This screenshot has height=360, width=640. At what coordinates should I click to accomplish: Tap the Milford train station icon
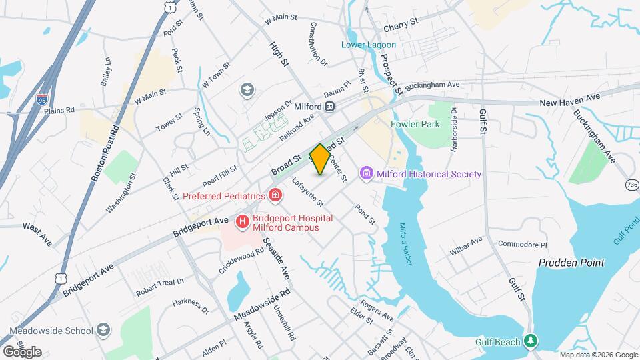[329, 107]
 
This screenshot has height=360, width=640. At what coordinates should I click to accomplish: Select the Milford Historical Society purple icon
[365, 174]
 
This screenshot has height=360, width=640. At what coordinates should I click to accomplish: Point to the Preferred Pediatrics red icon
[275, 195]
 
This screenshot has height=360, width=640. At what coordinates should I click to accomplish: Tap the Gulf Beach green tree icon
[530, 342]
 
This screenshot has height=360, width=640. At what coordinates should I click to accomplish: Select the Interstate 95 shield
[42, 99]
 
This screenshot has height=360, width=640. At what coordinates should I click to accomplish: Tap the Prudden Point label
[571, 263]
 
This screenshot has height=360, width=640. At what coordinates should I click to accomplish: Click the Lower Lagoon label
[369, 45]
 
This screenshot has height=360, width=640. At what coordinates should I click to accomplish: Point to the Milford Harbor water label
[407, 244]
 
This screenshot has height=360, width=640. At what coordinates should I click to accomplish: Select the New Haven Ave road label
[570, 99]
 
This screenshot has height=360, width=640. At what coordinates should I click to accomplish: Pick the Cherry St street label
[400, 24]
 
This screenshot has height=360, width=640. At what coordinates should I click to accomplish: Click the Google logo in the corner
[22, 351]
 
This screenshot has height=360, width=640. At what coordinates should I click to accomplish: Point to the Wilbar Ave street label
[467, 244]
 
